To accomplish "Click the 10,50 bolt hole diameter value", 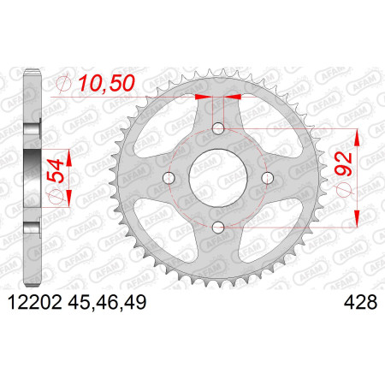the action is pos(106,83).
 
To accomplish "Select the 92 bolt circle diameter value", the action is pos(343,163).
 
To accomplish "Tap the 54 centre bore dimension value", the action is pos(55,171).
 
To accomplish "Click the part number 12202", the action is pos(35,302).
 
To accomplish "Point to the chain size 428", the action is pos(360,302).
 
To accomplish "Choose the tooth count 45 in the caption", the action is pos(80,302).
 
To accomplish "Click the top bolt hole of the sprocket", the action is pos(218,128).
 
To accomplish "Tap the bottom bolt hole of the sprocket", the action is pos(218,228).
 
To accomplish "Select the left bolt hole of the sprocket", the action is pos(169,178).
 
